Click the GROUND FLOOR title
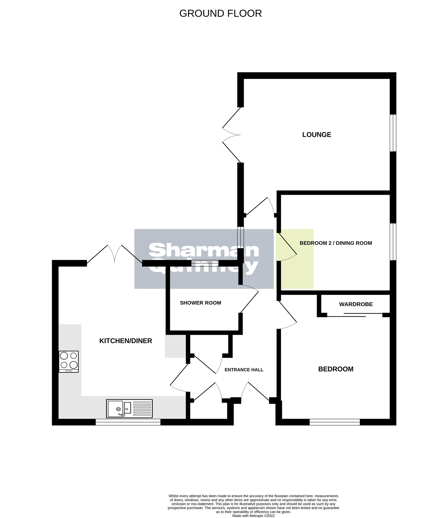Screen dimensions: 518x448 (220, 13)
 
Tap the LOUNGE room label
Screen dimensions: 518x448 (316, 135)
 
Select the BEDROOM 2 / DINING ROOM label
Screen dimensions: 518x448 (336, 243)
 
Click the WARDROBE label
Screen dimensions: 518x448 (356, 304)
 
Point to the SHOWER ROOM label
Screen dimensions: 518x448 (200, 303)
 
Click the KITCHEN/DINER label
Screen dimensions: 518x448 (126, 341)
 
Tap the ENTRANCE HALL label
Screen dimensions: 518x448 (244, 370)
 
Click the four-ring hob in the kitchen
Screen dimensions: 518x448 (69, 362)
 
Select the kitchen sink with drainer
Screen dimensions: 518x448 (129, 408)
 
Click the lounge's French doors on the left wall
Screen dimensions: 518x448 (231, 135)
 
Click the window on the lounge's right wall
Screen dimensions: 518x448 (393, 133)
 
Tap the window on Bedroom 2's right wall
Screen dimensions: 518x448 (393, 242)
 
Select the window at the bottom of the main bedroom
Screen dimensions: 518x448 (335, 422)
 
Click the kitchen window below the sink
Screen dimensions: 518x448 (128, 422)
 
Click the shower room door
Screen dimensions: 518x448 (249, 301)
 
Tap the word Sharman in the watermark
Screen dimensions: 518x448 (204, 250)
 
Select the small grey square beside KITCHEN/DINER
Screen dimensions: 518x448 (175, 346)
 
